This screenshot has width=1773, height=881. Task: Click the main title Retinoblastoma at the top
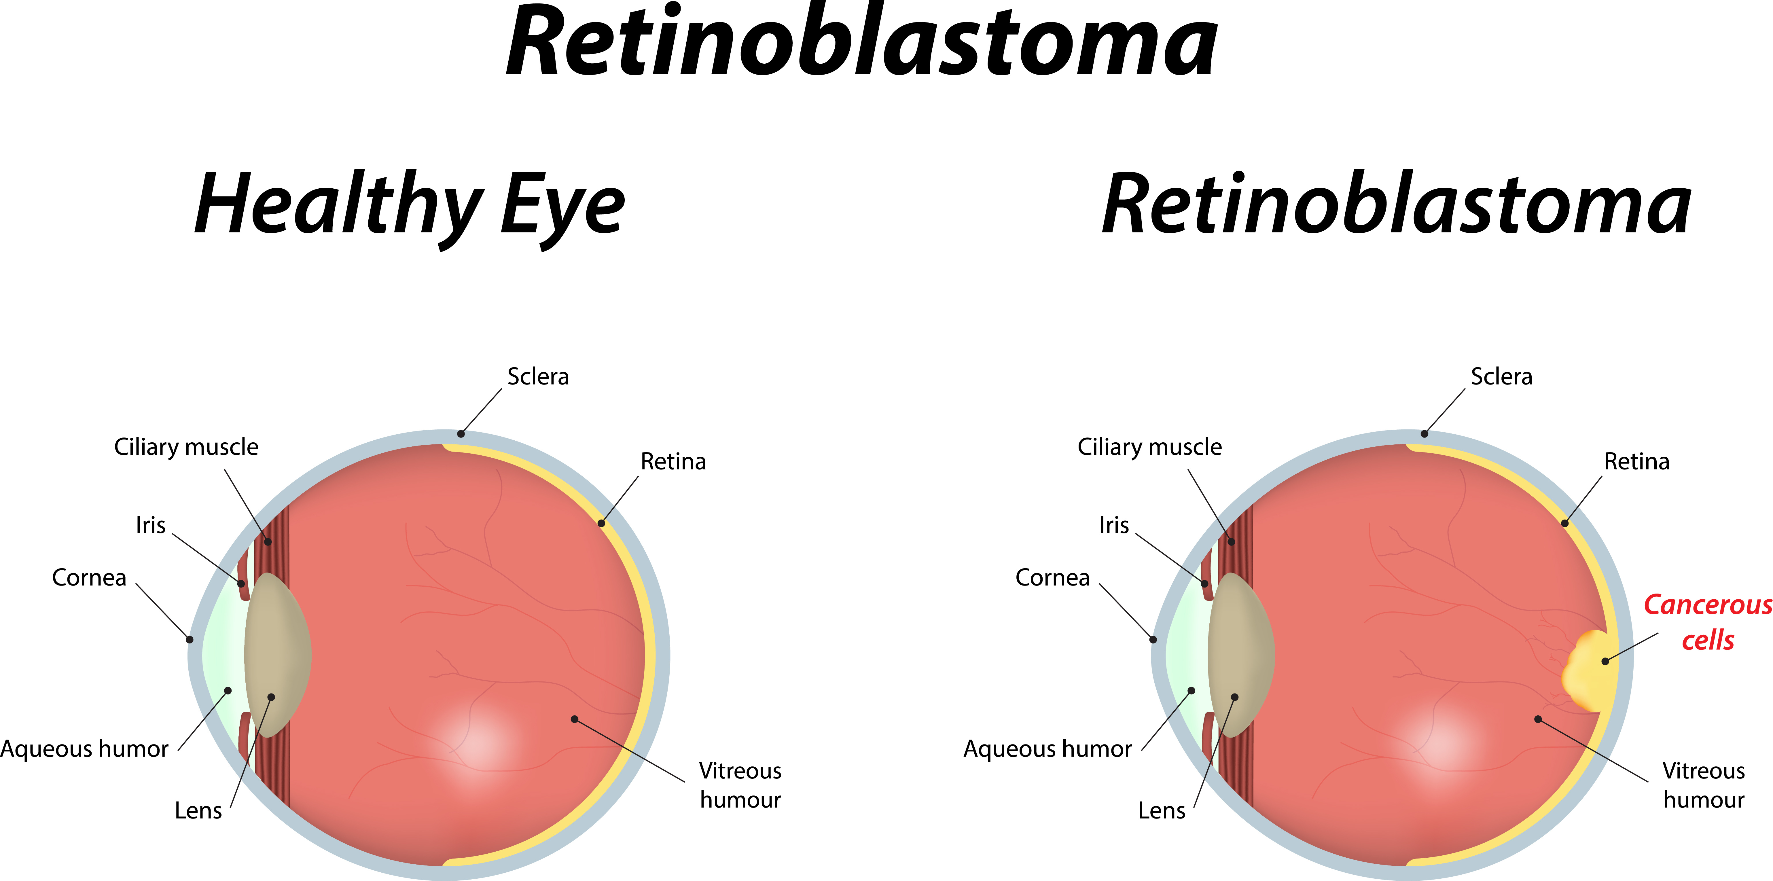click(862, 41)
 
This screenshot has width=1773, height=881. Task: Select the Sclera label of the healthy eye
click(538, 376)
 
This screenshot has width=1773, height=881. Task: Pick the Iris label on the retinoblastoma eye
click(1114, 525)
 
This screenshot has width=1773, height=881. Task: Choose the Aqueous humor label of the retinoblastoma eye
click(1047, 749)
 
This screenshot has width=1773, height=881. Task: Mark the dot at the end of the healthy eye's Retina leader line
click(601, 523)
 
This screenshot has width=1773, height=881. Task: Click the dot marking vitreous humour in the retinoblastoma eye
click(1538, 719)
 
